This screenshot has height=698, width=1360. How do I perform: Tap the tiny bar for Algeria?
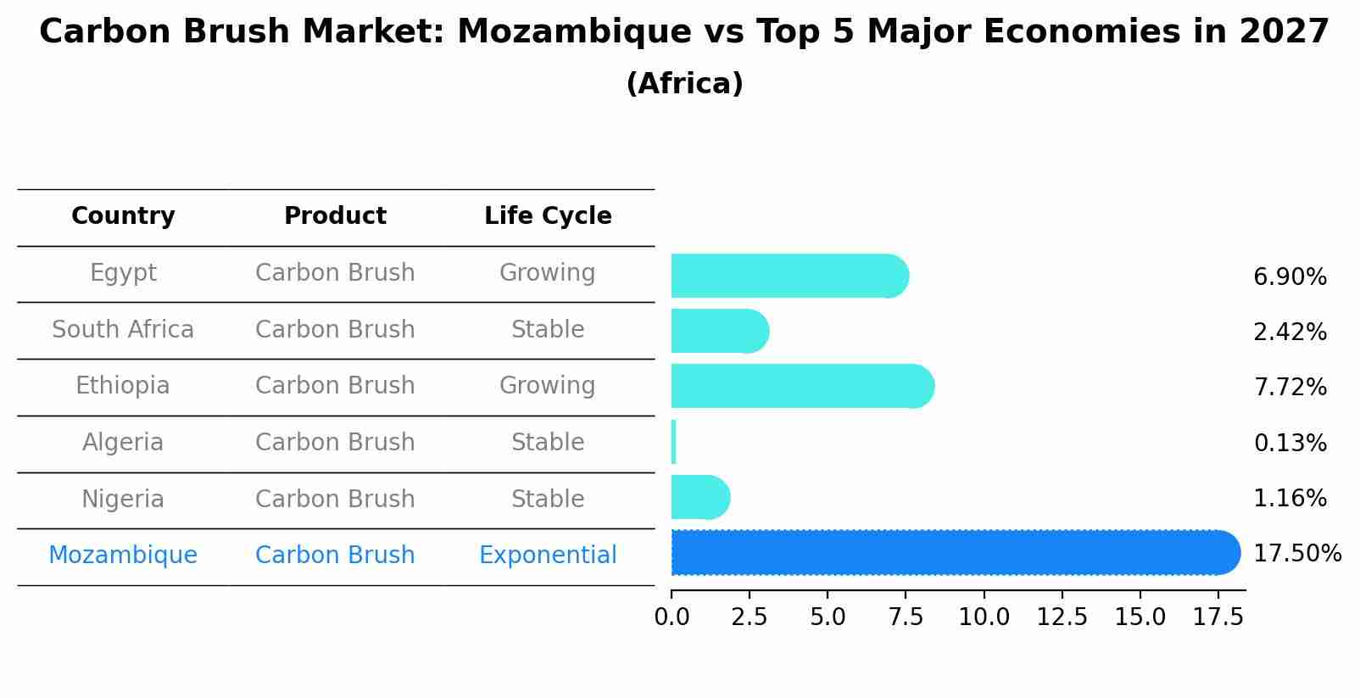pos(673,442)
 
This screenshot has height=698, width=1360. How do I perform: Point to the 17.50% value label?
pos(1296,554)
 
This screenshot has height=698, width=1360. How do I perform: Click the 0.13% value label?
pos(1289,443)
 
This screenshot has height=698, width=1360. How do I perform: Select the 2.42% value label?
pos(1289,332)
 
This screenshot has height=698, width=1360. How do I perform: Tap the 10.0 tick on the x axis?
pos(984,617)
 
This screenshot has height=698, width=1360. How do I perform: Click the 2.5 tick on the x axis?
pos(749,617)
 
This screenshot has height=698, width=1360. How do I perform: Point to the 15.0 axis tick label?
pos(1140,617)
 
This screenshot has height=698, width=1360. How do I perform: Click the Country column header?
pos(123,216)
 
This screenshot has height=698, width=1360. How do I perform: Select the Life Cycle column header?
pos(548,216)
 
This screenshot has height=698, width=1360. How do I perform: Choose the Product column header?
pos(335,216)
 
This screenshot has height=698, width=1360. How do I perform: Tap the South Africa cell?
pos(123,329)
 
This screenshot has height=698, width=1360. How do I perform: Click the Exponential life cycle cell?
pos(548,556)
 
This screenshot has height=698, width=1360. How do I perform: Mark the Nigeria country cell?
pos(123,499)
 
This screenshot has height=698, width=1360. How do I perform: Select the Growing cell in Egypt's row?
pos(548,273)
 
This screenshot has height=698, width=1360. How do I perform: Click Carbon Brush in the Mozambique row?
pos(335,556)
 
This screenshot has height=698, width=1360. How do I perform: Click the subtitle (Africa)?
pos(684,84)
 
